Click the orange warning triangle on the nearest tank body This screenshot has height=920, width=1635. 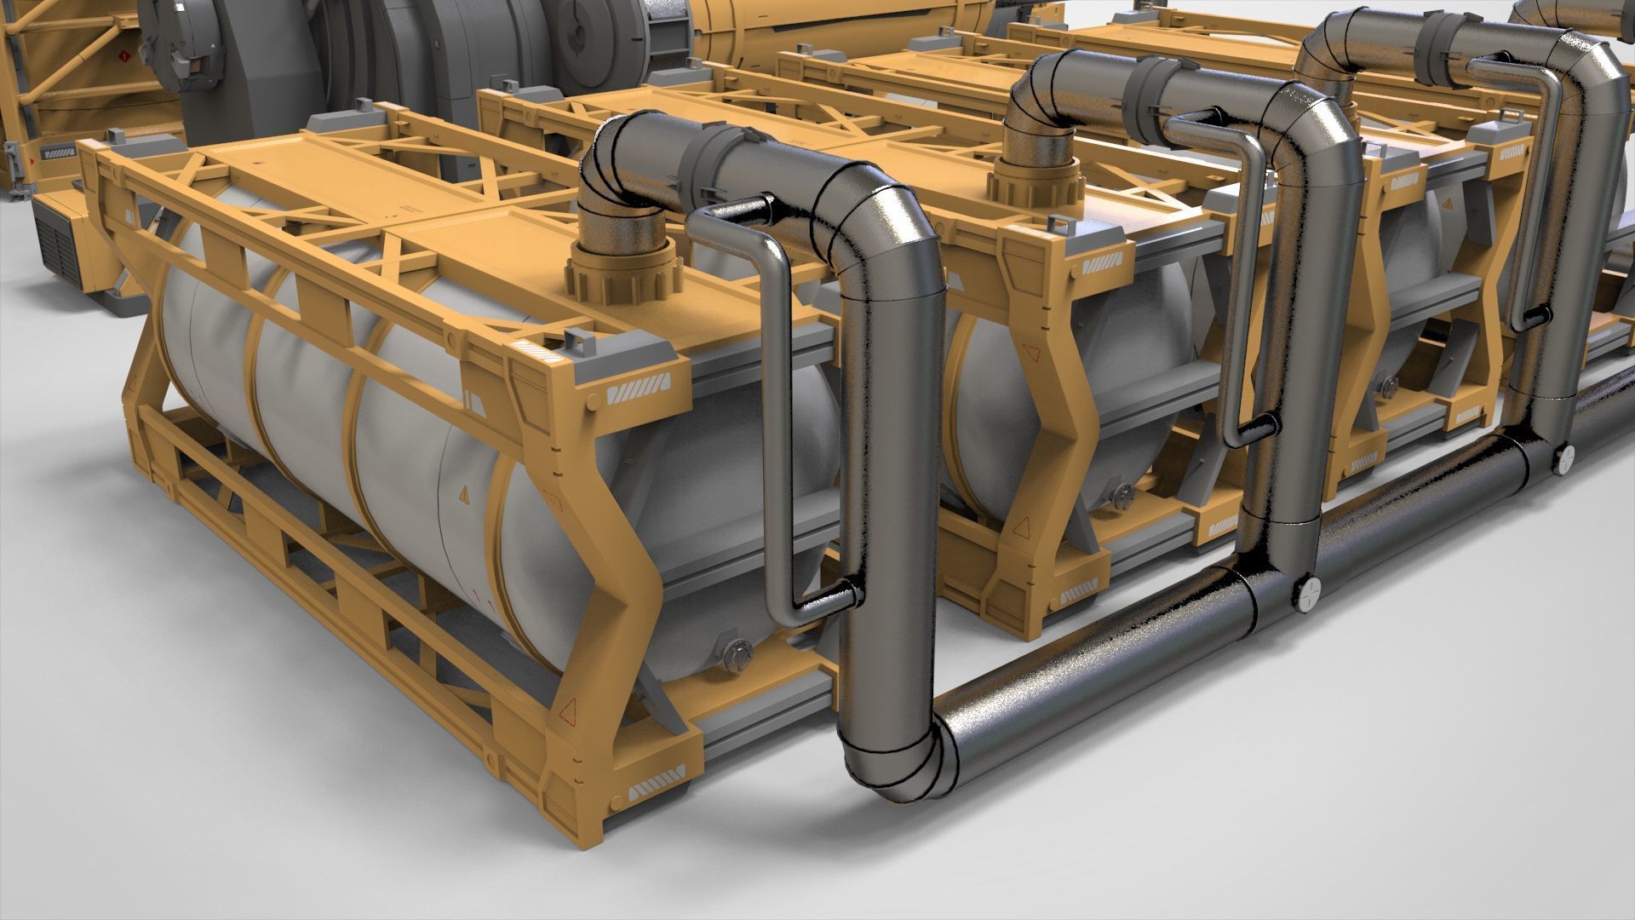(464, 494)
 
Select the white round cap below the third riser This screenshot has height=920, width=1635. (1563, 459)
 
